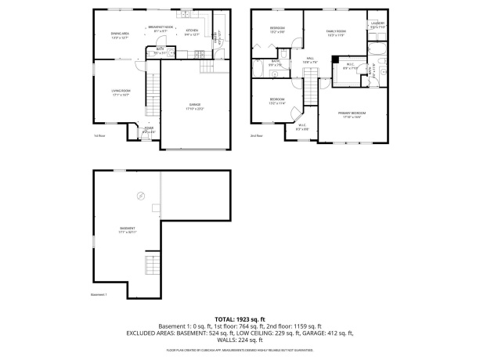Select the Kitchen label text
pos(192,33)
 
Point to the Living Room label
pos(120,92)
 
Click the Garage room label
pos(193,106)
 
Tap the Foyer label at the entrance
pos(148,130)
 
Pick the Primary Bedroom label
pos(352,114)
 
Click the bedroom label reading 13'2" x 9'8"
pos(277,30)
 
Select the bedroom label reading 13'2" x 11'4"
pos(277,100)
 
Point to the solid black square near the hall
pos(335,59)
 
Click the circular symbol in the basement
pos(142,195)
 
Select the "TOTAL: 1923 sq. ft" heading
pos(240,319)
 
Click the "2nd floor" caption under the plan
pos(256,136)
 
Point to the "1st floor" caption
pos(99,136)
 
